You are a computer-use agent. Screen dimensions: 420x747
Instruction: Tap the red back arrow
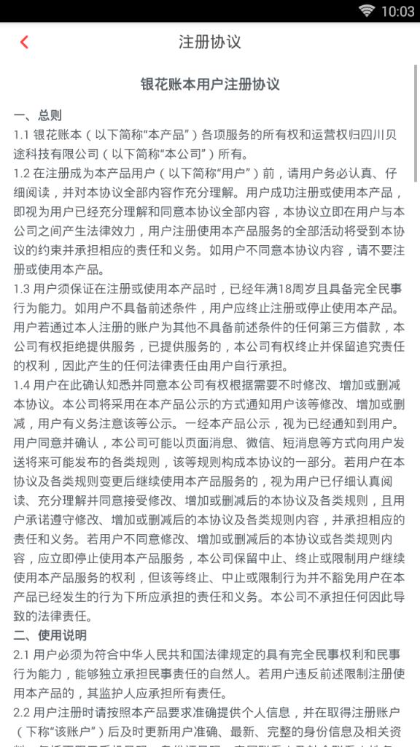point(24,42)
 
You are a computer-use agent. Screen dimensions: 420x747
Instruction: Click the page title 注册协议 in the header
point(210,42)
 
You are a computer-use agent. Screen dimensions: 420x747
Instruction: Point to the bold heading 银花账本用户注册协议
point(210,85)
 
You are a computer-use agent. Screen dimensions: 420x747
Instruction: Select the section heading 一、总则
point(37,115)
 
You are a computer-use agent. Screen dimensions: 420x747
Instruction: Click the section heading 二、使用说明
point(50,635)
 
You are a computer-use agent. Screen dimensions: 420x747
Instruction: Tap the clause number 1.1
point(21,134)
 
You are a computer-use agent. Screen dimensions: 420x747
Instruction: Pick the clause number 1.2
point(21,173)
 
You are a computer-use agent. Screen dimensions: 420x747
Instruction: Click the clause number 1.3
point(21,288)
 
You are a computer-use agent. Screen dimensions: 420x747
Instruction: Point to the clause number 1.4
point(21,384)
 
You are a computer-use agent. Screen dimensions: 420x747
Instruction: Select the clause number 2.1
point(21,654)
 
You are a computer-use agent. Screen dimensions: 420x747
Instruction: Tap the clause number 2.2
point(22,712)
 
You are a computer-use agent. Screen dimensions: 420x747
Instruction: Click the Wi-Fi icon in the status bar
point(366,11)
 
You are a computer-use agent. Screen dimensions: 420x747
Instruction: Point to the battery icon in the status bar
point(386,11)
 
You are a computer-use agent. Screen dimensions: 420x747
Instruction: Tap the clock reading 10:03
point(402,11)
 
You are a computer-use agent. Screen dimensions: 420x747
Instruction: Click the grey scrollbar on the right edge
point(416,124)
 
